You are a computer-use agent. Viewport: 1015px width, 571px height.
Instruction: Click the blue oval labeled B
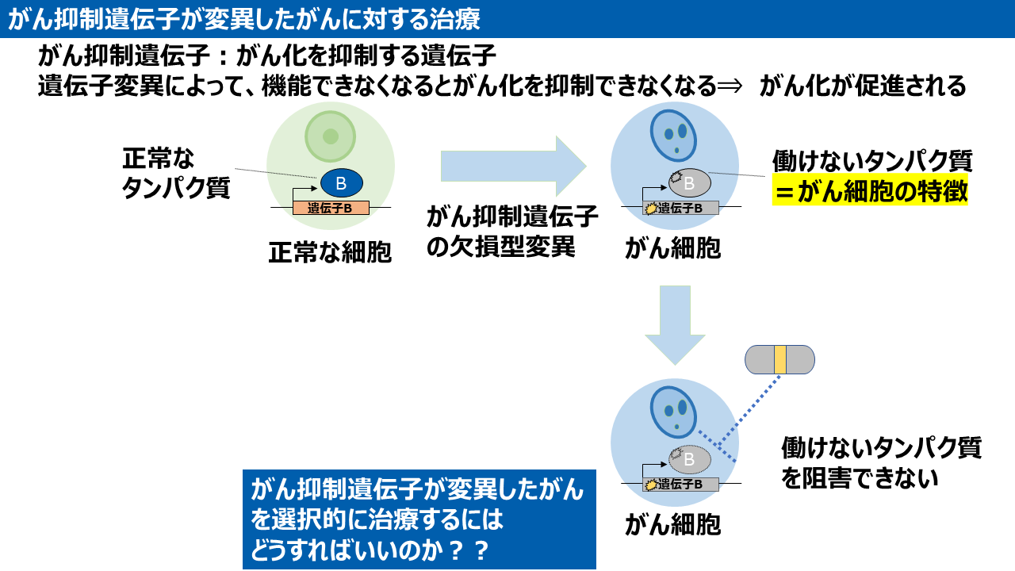[x=341, y=183]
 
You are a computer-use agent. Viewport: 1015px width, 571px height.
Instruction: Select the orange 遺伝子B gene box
[x=331, y=209]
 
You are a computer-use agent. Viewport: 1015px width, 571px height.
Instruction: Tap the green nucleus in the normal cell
[x=330, y=134]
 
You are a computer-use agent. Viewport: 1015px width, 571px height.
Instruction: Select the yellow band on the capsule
[x=780, y=359]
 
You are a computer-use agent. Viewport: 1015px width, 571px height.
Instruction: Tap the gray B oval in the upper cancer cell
[x=689, y=183]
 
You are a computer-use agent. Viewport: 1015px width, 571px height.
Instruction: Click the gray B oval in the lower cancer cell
[x=689, y=458]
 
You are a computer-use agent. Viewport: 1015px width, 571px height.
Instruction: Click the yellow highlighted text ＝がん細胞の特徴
[x=870, y=192]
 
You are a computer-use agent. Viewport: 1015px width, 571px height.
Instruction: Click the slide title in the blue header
[x=243, y=19]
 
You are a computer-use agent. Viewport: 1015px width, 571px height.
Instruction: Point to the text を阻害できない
[x=860, y=478]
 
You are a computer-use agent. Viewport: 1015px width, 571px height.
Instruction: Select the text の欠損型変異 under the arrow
[x=500, y=246]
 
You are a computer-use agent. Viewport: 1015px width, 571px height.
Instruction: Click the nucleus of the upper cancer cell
[x=675, y=136]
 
